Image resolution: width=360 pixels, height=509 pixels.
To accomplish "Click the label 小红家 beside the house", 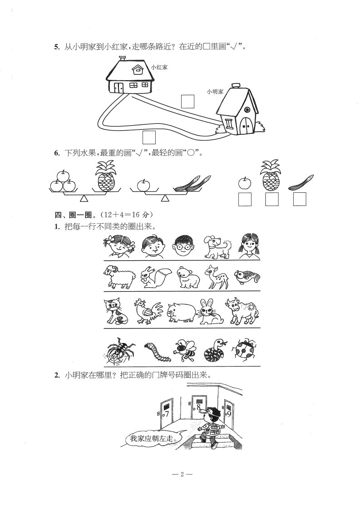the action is [x=159, y=68].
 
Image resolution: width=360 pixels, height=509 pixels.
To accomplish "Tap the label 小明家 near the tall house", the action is [x=215, y=92].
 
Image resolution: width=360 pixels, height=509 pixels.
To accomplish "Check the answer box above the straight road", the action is [x=187, y=101].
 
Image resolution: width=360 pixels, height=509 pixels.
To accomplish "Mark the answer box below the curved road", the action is [x=149, y=137].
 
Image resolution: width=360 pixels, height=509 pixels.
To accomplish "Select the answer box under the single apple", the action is [x=245, y=199].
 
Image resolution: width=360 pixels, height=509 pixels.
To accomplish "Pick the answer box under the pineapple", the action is [x=271, y=199].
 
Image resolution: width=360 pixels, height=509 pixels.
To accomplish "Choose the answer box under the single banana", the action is [x=300, y=199].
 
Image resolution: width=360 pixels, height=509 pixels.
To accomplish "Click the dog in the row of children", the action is [x=217, y=246].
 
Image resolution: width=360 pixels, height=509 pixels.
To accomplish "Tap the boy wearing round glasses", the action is [x=183, y=246].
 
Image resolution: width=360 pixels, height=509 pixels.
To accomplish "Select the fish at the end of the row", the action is [x=247, y=277].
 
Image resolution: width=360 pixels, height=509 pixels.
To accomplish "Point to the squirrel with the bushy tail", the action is [x=152, y=277].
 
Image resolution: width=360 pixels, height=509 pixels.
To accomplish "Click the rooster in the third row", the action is [x=148, y=312].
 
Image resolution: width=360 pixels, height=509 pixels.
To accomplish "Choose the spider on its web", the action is [x=119, y=351].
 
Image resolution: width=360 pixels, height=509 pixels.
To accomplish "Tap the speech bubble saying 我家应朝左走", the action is [x=152, y=439].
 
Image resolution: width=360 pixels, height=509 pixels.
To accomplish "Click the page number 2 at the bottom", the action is [x=182, y=474].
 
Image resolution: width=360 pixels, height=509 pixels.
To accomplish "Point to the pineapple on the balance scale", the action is [x=104, y=177].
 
